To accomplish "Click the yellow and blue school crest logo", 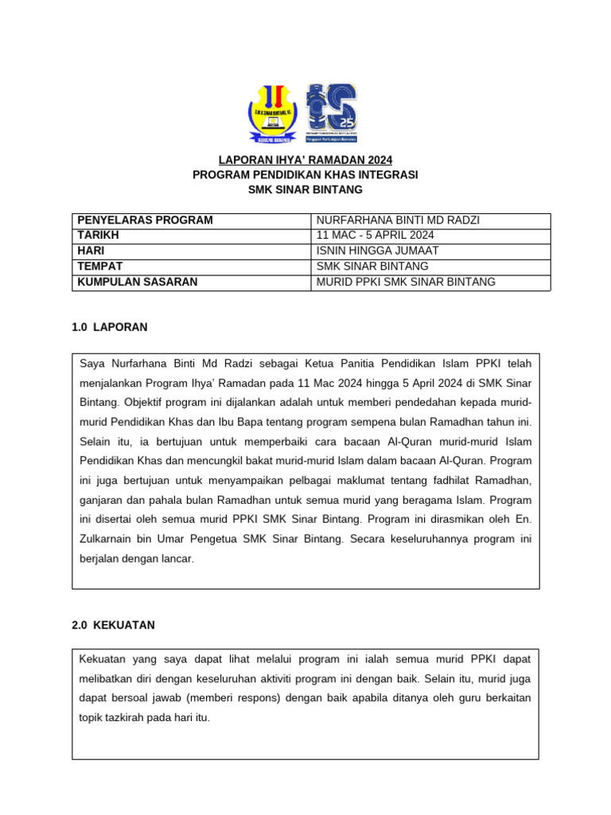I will (273, 113).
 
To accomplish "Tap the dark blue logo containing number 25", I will (332, 112).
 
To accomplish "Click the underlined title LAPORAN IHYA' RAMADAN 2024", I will (305, 160).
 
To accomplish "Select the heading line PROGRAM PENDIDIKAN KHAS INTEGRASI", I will (305, 174).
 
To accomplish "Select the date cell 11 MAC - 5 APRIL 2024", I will (375, 236).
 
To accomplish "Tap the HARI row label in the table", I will (91, 251).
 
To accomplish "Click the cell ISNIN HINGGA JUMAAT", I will (377, 251).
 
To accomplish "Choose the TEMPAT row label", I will (99, 266).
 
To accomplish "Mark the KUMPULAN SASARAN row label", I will (137, 282).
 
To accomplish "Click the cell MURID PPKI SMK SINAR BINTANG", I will (406, 282).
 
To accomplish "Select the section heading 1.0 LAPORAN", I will (109, 327).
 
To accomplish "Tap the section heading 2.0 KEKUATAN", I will (113, 626).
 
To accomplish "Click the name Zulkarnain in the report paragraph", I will (109, 539).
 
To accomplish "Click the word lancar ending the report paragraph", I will (176, 559).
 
